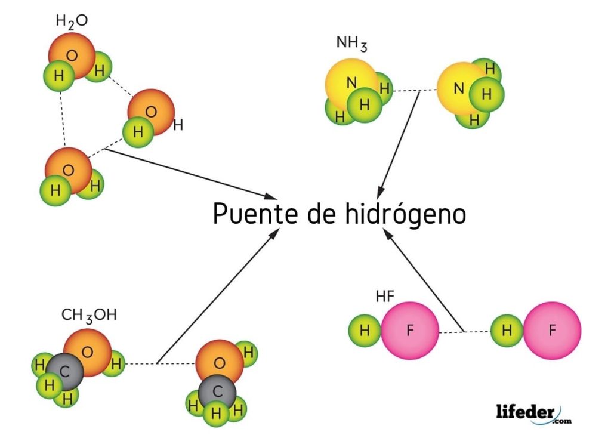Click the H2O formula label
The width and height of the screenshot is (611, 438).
72,21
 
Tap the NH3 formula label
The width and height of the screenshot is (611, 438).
351,44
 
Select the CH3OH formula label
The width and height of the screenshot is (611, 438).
90,314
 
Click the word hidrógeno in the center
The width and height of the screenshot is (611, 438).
396,214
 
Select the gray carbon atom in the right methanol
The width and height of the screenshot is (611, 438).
217,391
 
